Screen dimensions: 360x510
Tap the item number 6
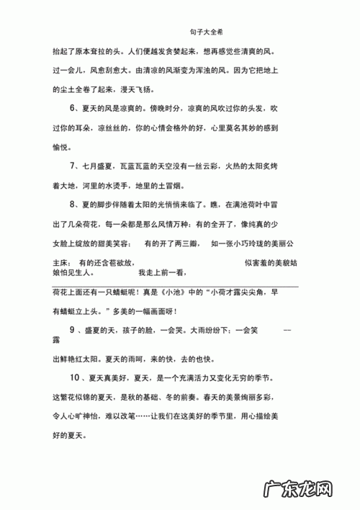tap(73, 108)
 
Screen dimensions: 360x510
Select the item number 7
tap(73, 166)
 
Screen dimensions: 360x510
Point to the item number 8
tap(73, 205)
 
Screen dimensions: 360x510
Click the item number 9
tap(73, 329)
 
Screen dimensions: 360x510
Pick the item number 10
tap(74, 378)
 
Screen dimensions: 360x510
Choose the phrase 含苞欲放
tap(116, 263)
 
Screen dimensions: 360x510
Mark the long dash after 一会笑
tap(287, 329)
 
